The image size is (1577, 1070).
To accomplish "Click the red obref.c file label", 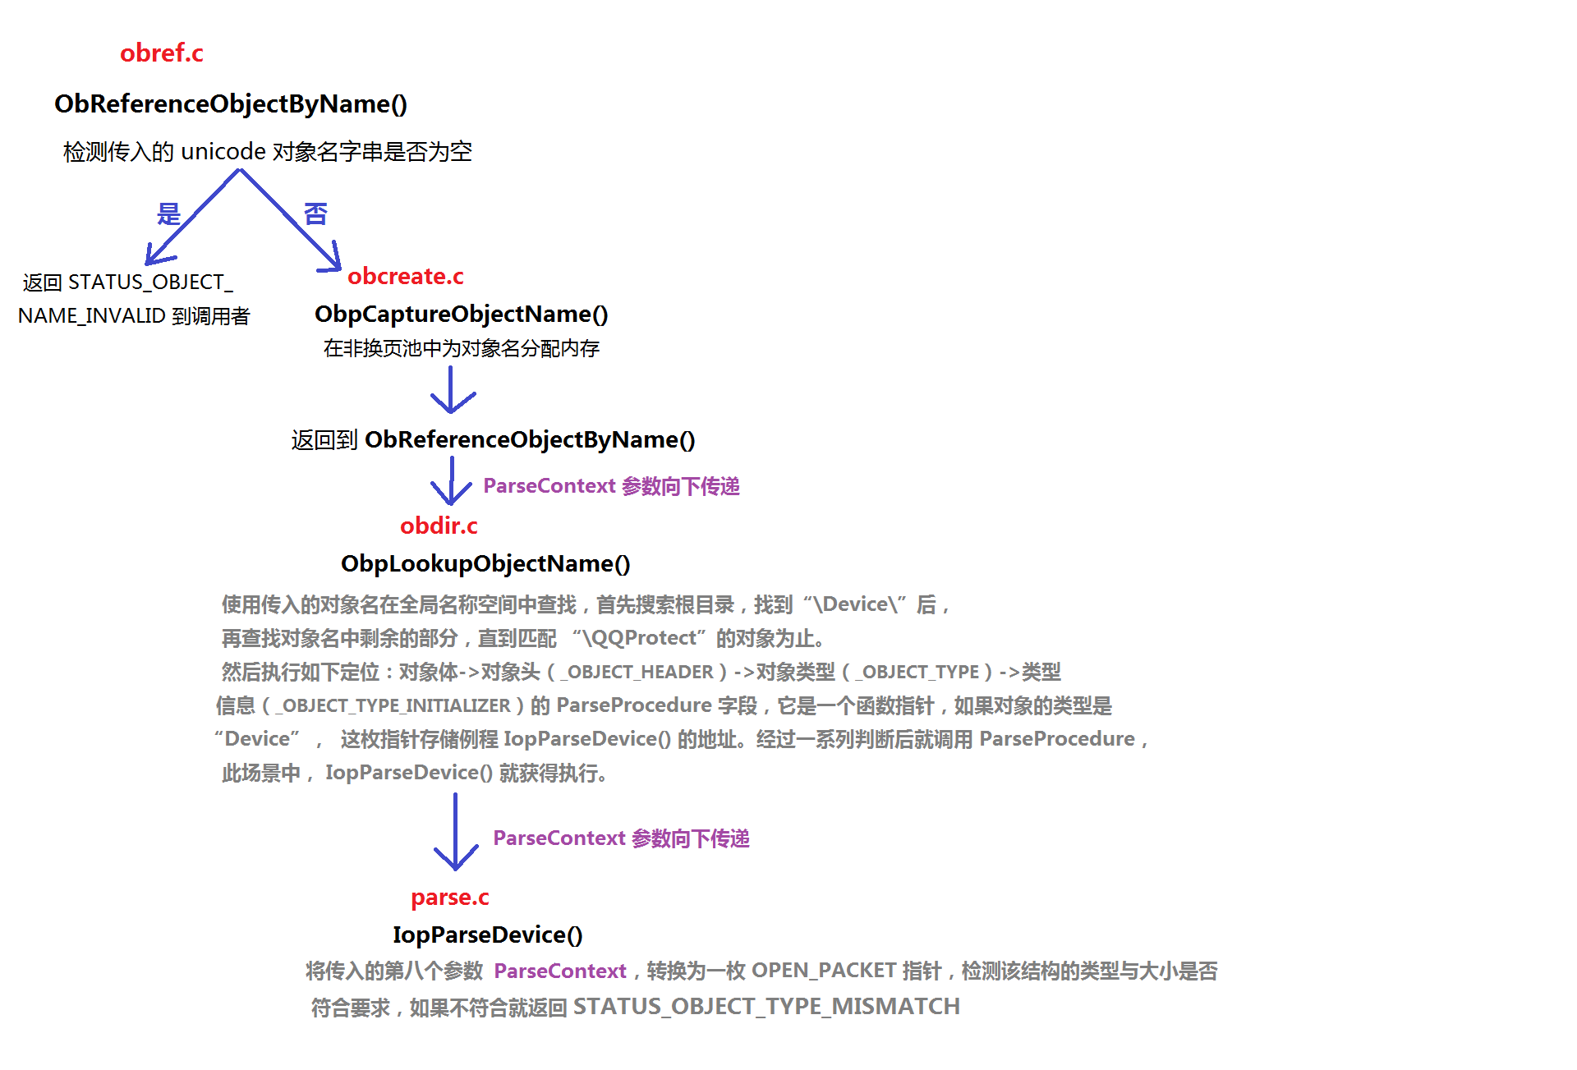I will (x=161, y=53).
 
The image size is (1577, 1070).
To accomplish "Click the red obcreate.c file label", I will (x=405, y=277).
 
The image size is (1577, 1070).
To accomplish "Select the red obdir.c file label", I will (x=439, y=526).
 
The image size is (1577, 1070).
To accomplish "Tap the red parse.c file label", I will (x=449, y=898).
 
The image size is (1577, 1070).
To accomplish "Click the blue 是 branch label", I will (x=168, y=214).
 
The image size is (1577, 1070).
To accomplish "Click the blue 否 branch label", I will (x=315, y=214).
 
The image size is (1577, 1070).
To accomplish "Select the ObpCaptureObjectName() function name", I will (x=461, y=314).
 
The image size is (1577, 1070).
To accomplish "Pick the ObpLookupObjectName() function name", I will (x=485, y=563).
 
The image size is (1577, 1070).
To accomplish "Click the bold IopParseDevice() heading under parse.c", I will (x=487, y=935).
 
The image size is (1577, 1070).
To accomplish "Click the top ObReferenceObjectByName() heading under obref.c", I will (x=230, y=104).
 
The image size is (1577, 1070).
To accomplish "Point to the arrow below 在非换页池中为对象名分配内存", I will (x=452, y=390).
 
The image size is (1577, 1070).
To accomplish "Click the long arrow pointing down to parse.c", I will (x=455, y=831).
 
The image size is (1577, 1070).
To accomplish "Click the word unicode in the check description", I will (x=223, y=152).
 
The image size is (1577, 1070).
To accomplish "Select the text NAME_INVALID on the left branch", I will (x=91, y=316).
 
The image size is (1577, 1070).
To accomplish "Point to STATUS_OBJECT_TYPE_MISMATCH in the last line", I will (x=766, y=1007).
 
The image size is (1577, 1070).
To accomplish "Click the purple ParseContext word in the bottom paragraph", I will (x=559, y=971).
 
